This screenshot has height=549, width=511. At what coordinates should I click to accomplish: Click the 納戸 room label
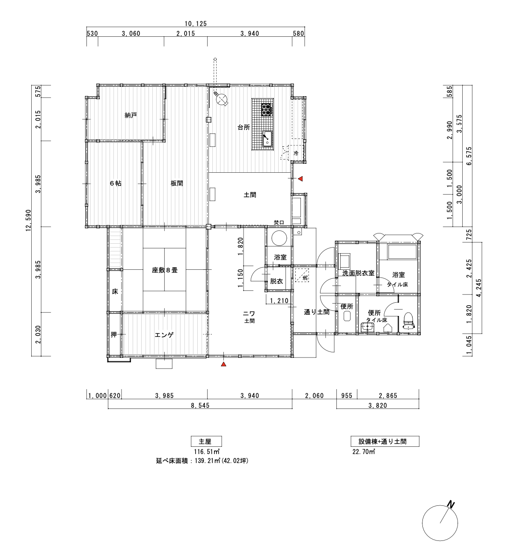[131, 115]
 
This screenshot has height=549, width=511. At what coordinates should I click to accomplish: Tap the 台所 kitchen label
[244, 127]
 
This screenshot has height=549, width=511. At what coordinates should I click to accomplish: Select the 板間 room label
[177, 183]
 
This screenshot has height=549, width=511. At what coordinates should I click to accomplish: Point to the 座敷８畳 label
[165, 270]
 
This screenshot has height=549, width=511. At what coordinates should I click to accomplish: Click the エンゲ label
[164, 335]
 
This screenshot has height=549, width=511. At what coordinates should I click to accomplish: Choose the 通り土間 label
[317, 312]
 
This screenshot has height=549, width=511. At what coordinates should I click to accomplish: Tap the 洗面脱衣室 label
[358, 273]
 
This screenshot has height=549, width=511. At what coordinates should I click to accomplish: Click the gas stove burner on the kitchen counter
[267, 109]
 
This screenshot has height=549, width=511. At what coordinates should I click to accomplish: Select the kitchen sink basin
[267, 138]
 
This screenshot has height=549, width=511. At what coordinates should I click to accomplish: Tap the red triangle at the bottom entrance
[223, 364]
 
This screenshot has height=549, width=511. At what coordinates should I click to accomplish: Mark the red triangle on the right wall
[300, 179]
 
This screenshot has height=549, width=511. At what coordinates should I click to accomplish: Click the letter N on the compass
[452, 505]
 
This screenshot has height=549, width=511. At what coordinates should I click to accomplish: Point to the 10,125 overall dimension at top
[196, 24]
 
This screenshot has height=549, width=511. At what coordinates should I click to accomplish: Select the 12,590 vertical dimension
[29, 220]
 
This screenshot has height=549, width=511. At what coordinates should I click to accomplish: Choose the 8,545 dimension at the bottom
[200, 405]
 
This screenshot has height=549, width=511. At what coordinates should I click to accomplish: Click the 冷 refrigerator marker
[296, 153]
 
